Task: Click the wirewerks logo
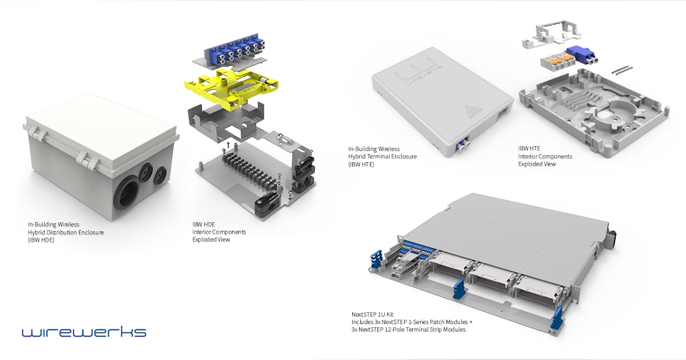pyautogui.click(x=84, y=332)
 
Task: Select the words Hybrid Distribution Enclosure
pyautogui.click(x=66, y=232)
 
